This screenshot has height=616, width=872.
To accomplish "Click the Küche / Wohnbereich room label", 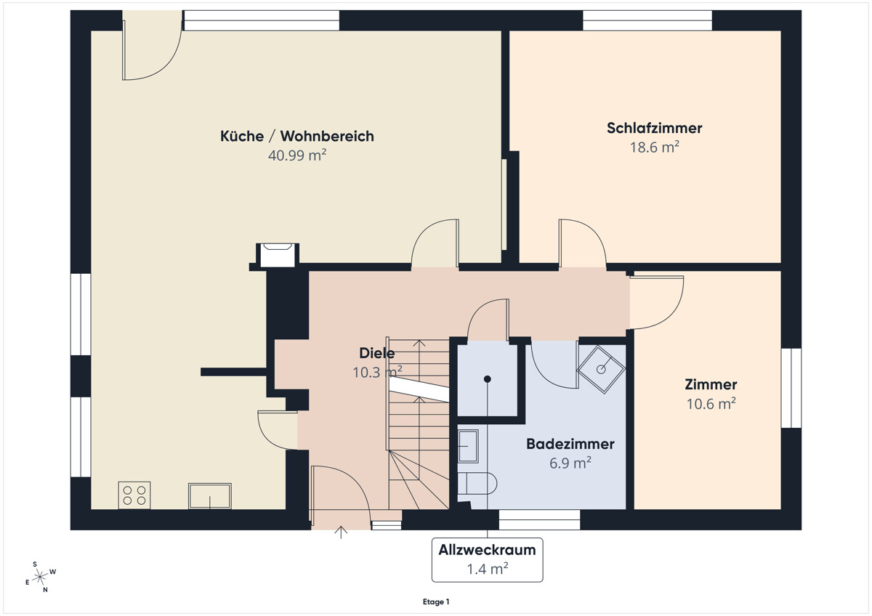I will click(x=297, y=136).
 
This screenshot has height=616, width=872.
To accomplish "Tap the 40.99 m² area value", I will click(x=297, y=155).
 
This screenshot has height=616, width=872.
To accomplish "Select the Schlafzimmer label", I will click(x=654, y=129).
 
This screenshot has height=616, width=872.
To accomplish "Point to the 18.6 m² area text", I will click(x=654, y=147).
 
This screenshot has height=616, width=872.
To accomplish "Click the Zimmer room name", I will click(x=710, y=385).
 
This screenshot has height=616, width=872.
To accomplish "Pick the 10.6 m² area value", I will click(x=711, y=404).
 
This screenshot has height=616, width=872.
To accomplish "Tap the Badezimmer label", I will click(x=570, y=444).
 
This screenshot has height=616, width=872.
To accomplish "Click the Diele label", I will click(x=377, y=354).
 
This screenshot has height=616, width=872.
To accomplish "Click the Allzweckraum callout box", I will click(x=487, y=559).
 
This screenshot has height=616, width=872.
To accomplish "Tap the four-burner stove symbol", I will click(x=134, y=495).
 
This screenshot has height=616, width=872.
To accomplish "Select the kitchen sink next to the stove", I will click(x=210, y=495).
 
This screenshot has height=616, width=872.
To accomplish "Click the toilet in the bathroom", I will click(x=477, y=483).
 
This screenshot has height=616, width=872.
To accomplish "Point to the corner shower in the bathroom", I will click(x=601, y=368).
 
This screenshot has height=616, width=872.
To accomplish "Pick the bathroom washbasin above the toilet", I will click(x=469, y=445).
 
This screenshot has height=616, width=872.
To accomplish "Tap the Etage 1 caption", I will click(x=436, y=601).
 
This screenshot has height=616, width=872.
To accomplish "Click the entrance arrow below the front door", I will click(x=340, y=532).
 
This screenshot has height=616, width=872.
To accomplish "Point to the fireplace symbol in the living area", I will click(x=277, y=255).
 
